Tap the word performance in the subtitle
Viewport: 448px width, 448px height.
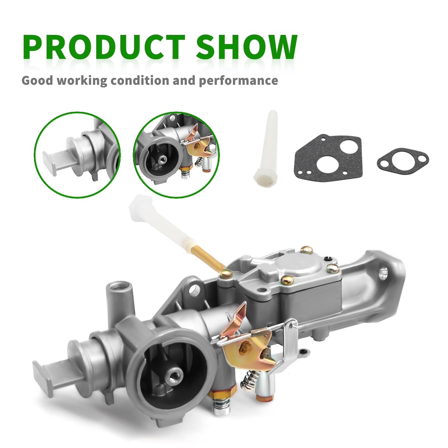(238, 81)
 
